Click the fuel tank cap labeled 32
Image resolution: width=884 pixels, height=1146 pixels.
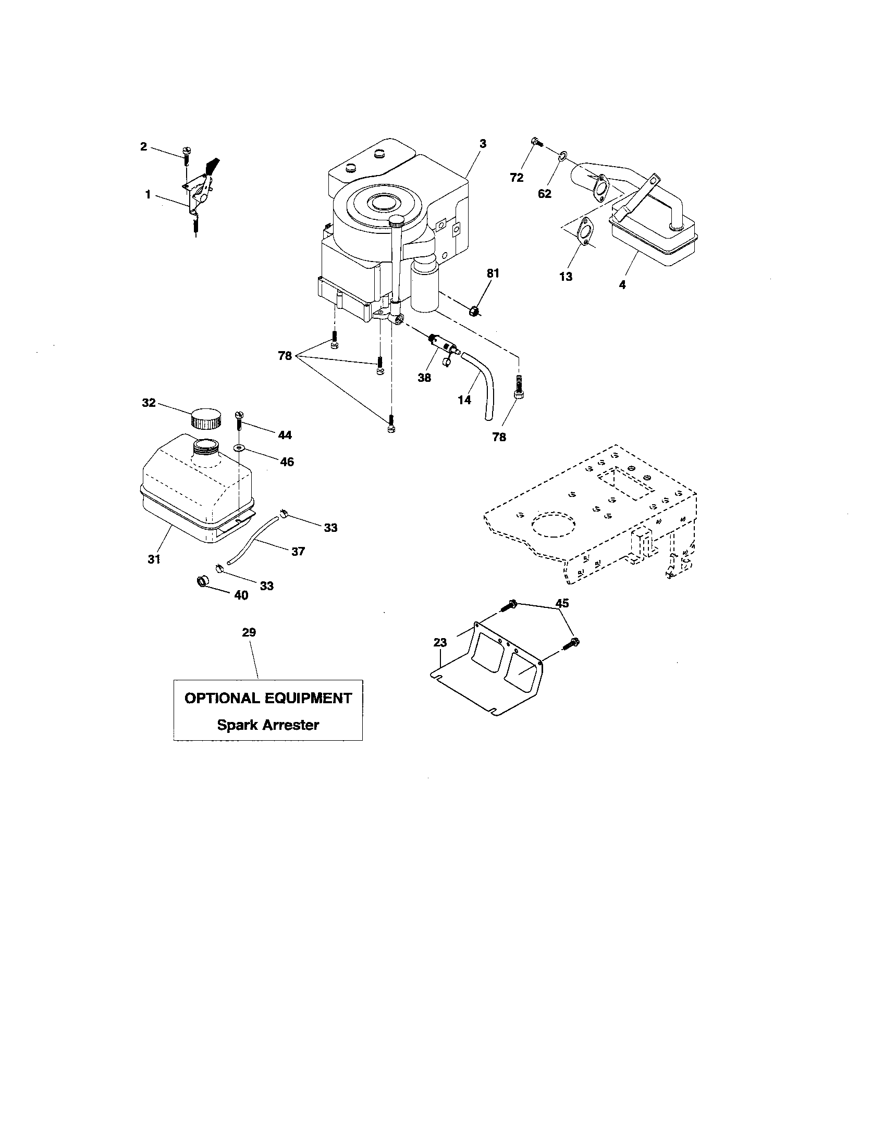205,418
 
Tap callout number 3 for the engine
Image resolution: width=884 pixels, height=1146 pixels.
483,143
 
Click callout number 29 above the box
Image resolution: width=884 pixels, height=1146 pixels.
249,632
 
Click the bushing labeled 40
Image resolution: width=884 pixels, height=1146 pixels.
202,581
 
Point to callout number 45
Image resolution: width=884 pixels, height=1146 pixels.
562,603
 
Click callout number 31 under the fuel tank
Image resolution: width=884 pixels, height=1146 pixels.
153,559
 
